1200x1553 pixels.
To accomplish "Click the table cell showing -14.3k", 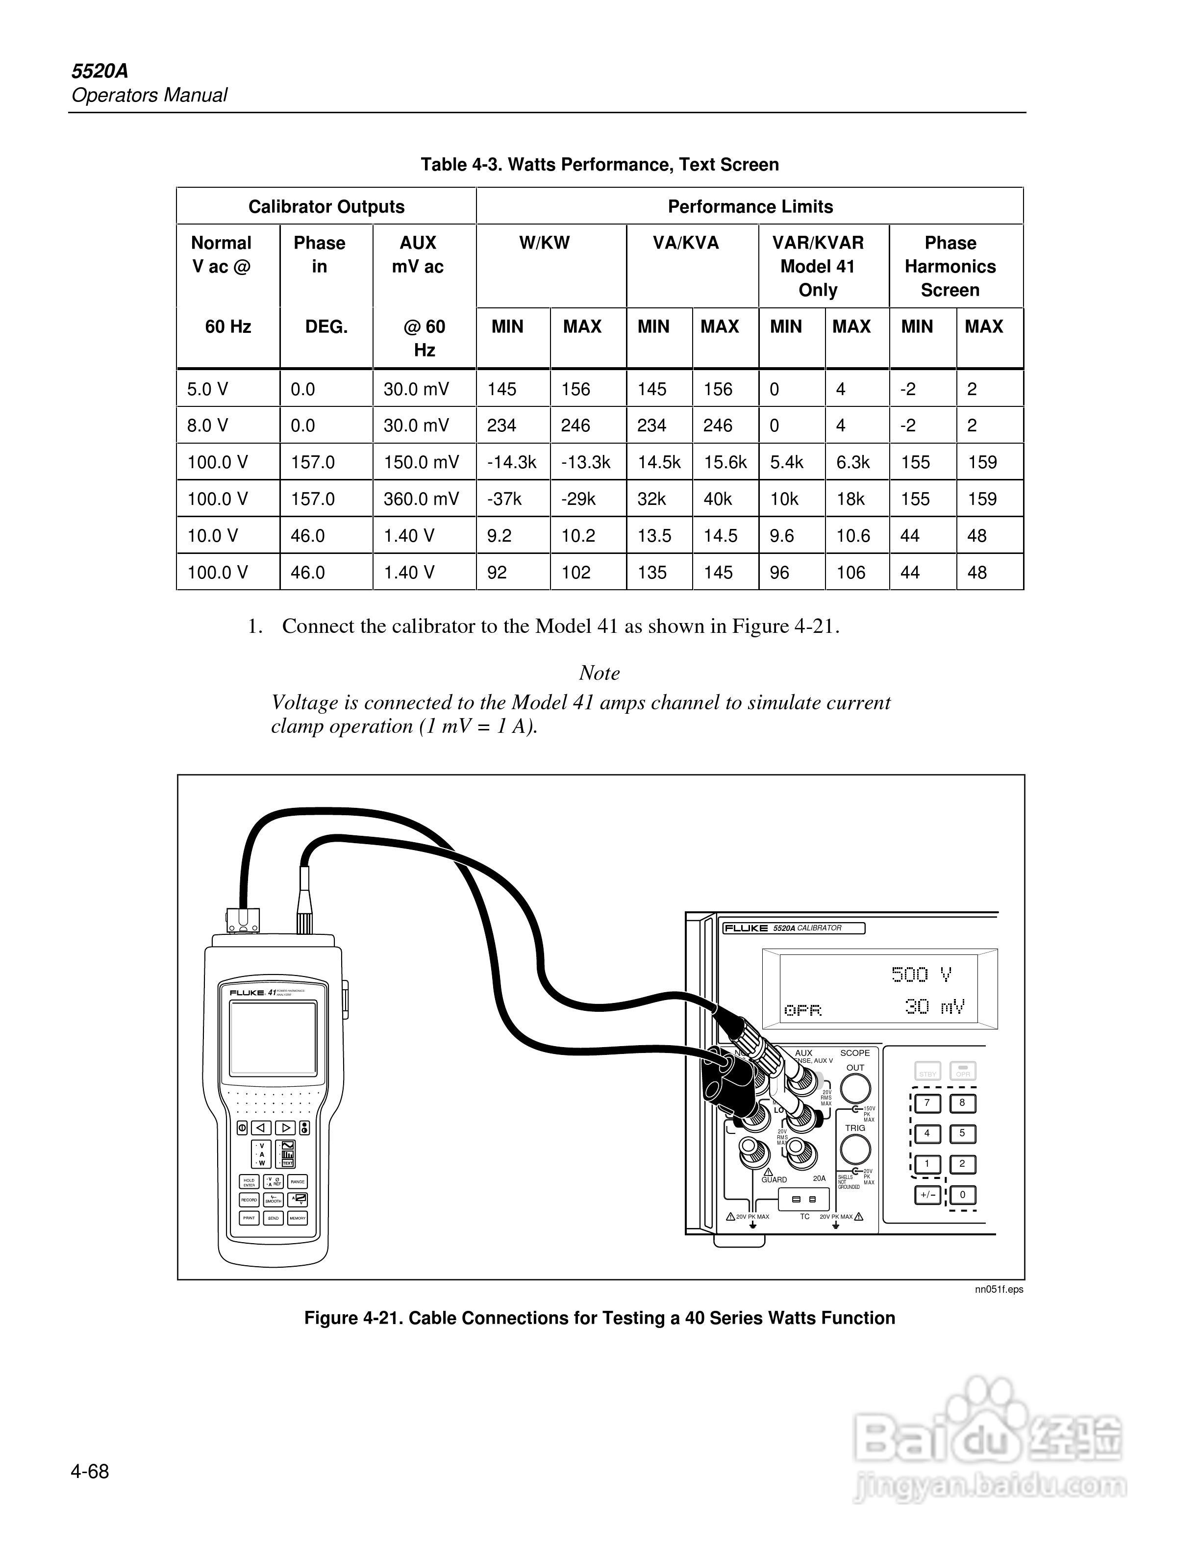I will point(512,462).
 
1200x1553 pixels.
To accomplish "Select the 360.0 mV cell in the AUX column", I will point(421,499).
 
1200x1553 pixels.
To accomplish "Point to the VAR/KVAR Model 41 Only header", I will point(818,266).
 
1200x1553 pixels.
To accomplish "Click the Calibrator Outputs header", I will point(326,206).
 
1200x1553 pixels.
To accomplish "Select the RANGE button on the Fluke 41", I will point(298,1182).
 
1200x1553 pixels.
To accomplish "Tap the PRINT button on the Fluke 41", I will point(249,1218).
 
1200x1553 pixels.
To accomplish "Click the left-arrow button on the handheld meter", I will point(262,1127).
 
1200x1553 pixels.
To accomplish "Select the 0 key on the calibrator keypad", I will point(963,1195).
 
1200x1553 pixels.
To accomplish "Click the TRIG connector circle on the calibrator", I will point(855,1150).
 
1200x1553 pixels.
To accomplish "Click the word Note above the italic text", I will point(600,673).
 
